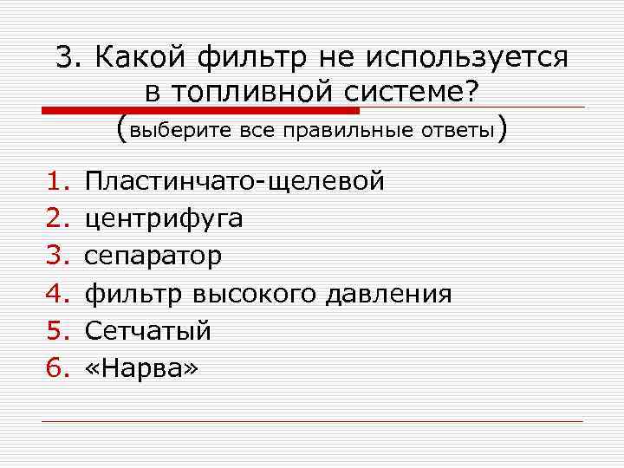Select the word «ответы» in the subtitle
click(x=457, y=131)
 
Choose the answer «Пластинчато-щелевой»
click(x=234, y=182)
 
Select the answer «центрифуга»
click(x=164, y=219)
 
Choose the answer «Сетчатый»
click(x=147, y=331)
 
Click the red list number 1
click(x=57, y=182)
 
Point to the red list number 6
click(x=57, y=368)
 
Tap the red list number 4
click(x=57, y=294)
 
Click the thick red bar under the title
click(x=200, y=110)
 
